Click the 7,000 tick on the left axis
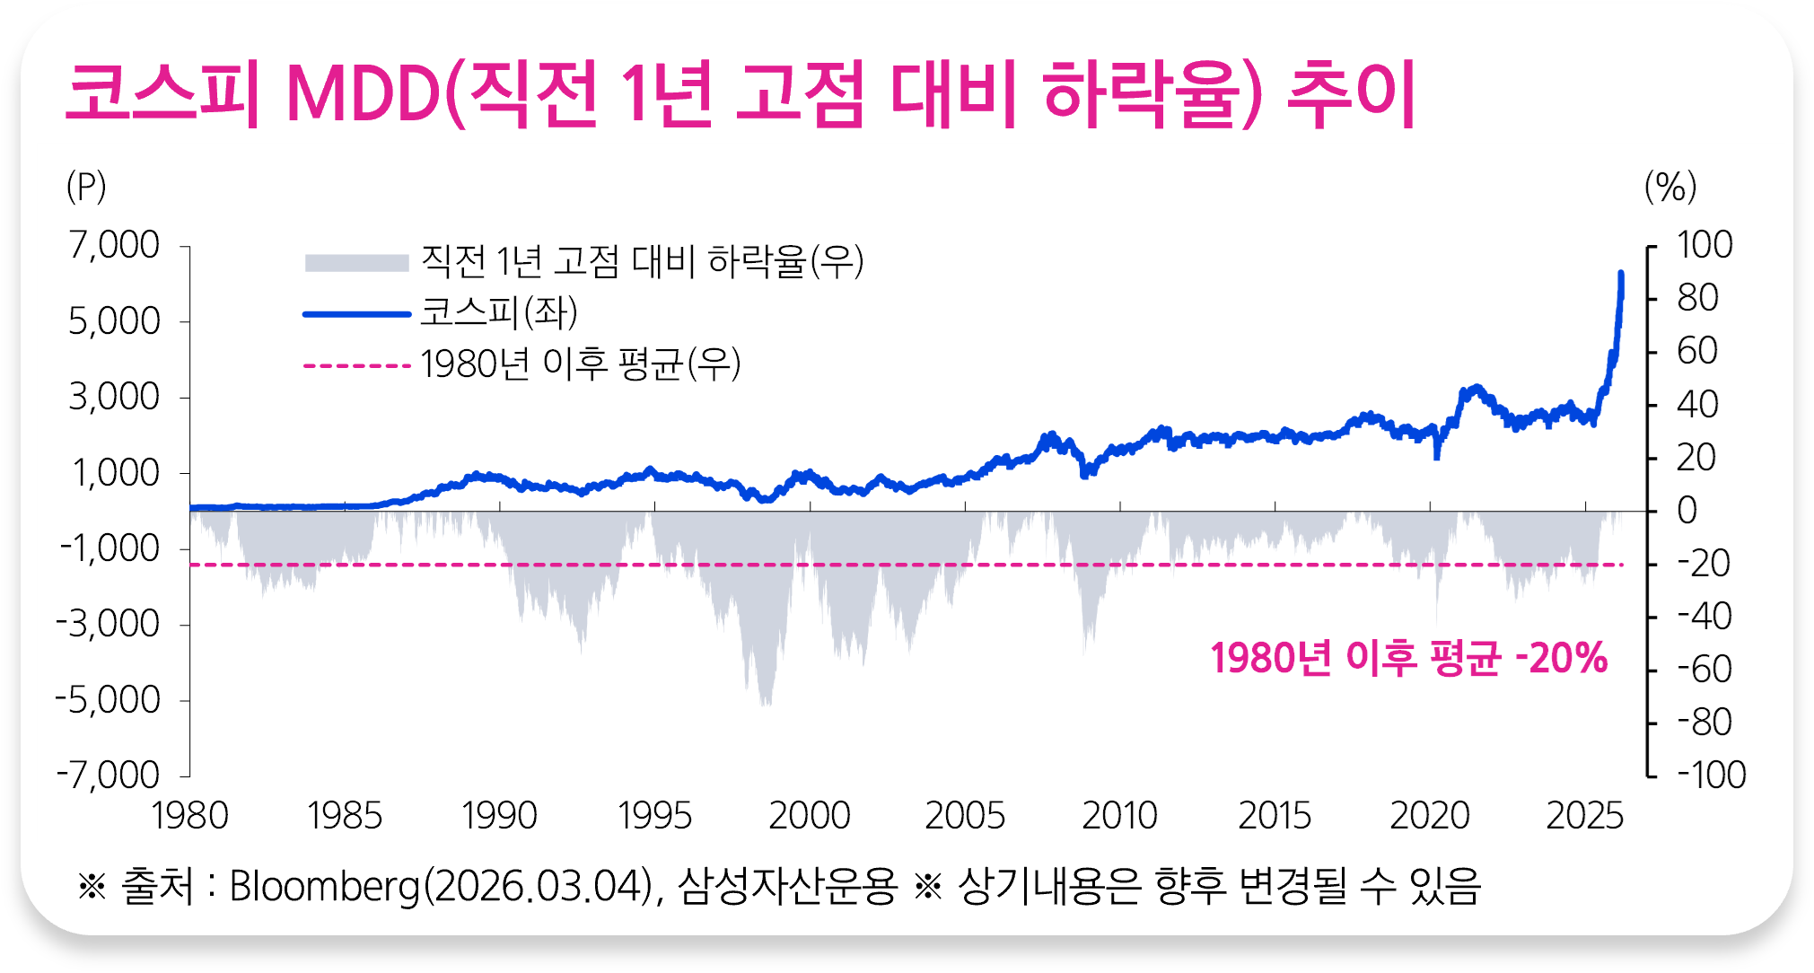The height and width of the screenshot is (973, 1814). (115, 245)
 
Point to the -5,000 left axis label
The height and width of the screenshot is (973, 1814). (109, 700)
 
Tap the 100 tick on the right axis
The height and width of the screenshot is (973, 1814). (1704, 245)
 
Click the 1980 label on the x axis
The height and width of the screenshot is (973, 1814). (189, 816)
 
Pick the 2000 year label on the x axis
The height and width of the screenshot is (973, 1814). (810, 816)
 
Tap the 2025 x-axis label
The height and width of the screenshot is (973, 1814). (1585, 816)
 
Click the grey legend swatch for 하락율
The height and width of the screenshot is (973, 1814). (356, 262)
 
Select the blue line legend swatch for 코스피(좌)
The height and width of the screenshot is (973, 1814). (356, 314)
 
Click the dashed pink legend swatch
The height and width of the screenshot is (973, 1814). (356, 365)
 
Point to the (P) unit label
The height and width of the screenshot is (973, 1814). (86, 187)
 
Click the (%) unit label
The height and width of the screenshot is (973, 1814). (1670, 187)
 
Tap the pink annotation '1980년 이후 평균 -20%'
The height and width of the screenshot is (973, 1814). (1408, 658)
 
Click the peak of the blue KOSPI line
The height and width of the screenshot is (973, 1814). (1620, 273)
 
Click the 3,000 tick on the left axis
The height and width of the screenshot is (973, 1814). (115, 397)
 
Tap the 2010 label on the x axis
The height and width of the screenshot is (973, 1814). (1119, 816)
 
